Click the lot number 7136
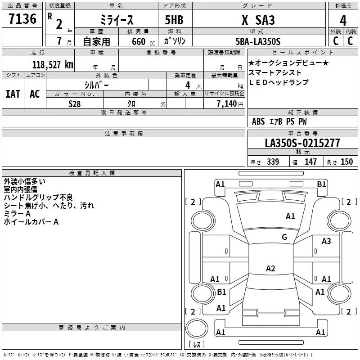pyautogui.click(x=22, y=20)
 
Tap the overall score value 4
pyautogui.click(x=343, y=21)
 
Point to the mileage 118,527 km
pyautogui.click(x=52, y=64)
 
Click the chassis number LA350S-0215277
pyautogui.click(x=302, y=143)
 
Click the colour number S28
pyautogui.click(x=75, y=103)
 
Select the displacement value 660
pyautogui.click(x=138, y=41)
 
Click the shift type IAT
pyautogui.click(x=13, y=94)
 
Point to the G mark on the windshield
pyautogui.click(x=284, y=237)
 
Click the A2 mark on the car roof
pyautogui.click(x=270, y=269)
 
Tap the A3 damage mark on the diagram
pyautogui.click(x=326, y=241)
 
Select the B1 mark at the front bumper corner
pyautogui.click(x=321, y=184)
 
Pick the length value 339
pyautogui.click(x=273, y=162)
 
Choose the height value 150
pyautogui.click(x=346, y=162)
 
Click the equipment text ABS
pyautogui.click(x=258, y=121)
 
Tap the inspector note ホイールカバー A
pyautogui.click(x=31, y=222)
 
